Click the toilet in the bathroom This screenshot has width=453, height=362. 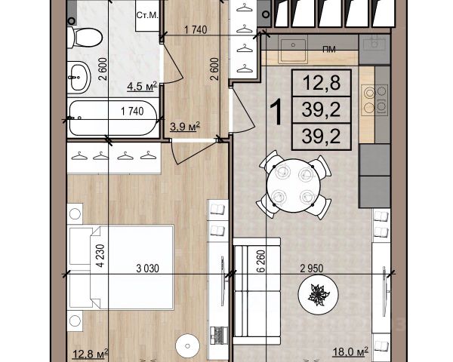[x=85, y=37]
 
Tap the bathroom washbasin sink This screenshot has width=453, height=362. [x=79, y=77]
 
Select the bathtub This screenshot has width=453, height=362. [x=113, y=118]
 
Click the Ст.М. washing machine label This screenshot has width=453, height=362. [x=147, y=16]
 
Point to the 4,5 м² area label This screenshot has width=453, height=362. [x=142, y=86]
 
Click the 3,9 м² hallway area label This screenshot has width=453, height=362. [x=185, y=127]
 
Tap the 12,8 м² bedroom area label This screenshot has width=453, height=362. [x=91, y=354]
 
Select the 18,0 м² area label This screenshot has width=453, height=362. [x=350, y=351]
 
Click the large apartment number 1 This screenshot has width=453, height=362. [x=276, y=112]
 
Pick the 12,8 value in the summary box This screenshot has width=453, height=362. [x=322, y=83]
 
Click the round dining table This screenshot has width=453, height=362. [x=294, y=186]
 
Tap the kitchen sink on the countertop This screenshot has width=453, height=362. [x=293, y=51]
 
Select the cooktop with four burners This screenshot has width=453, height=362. [x=375, y=100]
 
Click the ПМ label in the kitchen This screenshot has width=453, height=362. [x=329, y=50]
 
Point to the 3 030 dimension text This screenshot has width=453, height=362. [x=147, y=268]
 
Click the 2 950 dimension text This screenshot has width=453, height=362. [x=312, y=268]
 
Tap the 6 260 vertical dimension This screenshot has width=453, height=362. [x=260, y=261]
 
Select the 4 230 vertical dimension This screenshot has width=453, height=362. [x=100, y=256]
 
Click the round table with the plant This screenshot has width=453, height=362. [x=318, y=294]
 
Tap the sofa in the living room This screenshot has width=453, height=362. [x=257, y=291]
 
